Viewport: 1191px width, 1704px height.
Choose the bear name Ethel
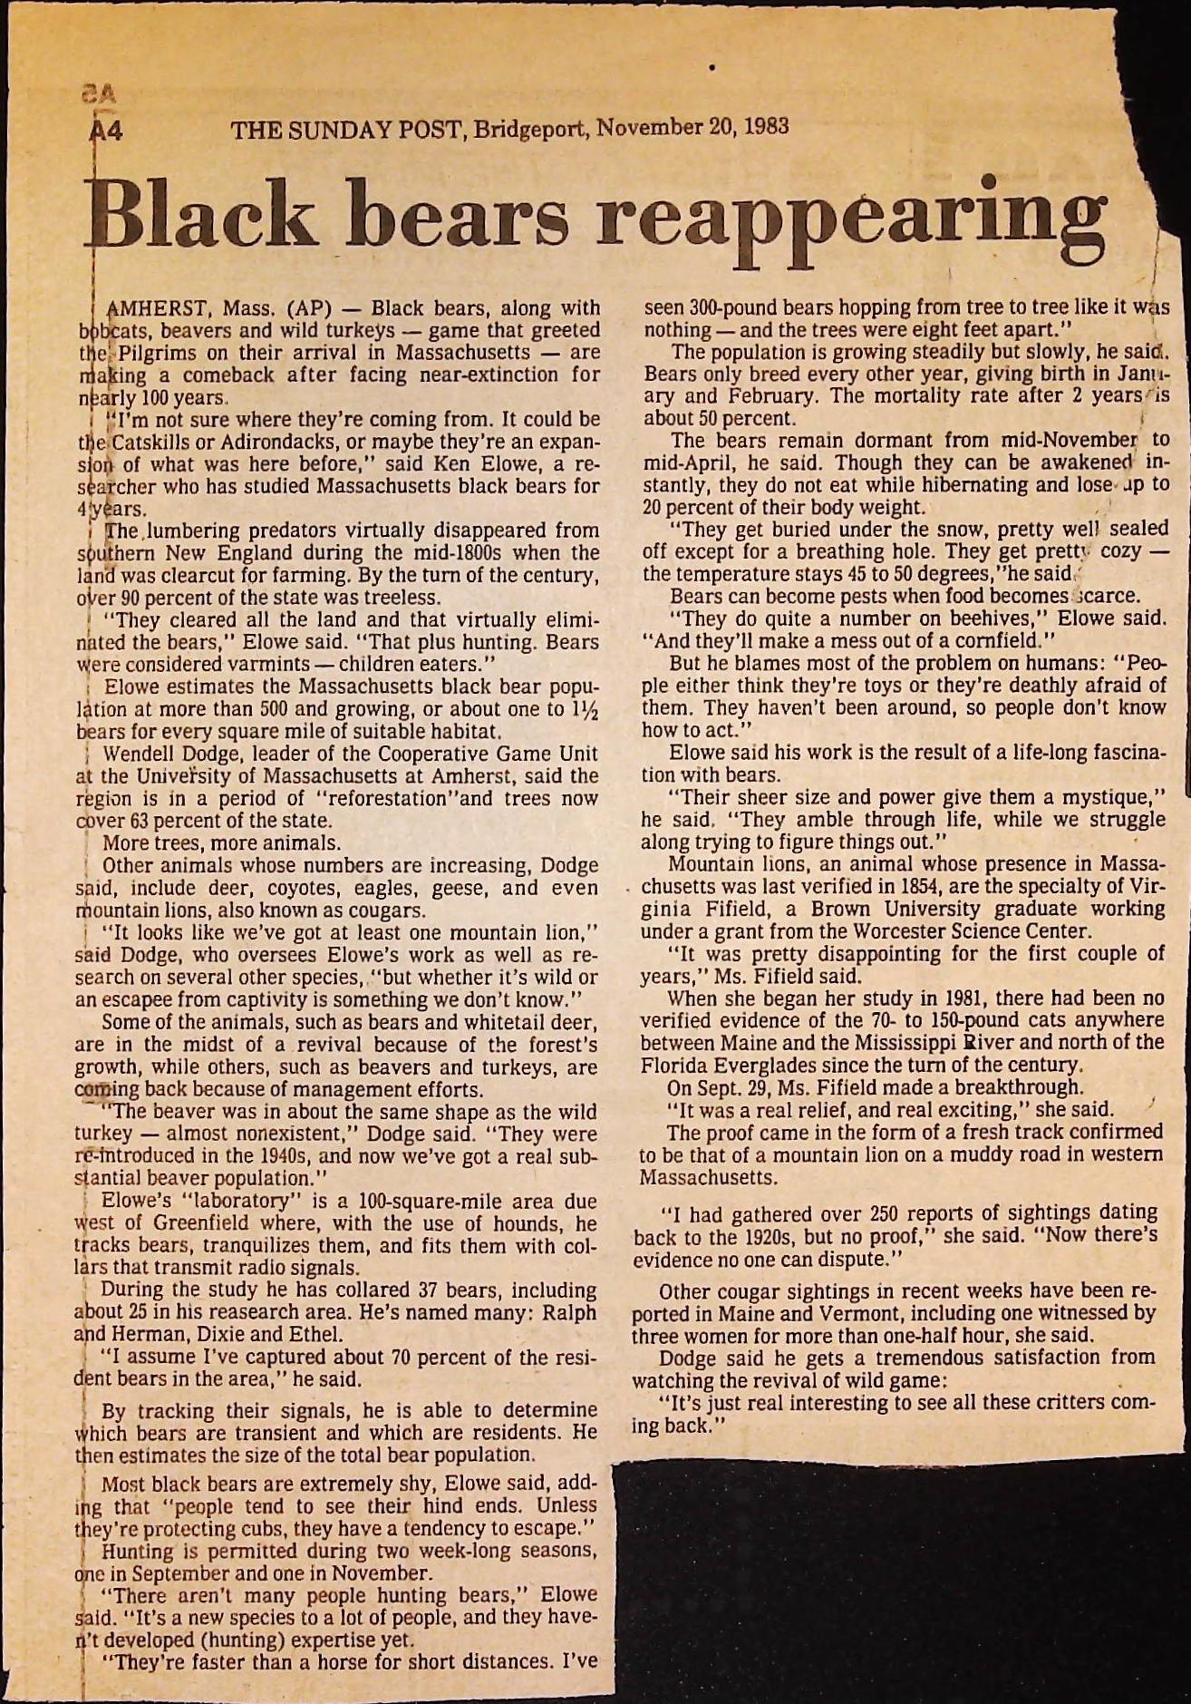316,1334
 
